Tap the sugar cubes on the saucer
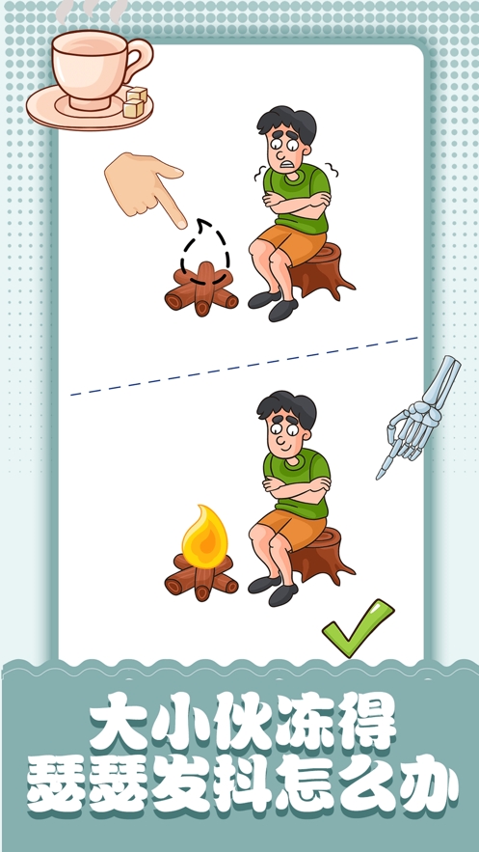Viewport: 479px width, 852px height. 135,102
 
